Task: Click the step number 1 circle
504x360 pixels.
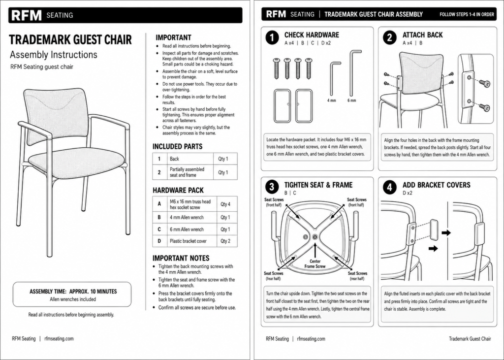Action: pos(272,38)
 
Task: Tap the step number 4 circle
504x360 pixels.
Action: pos(390,187)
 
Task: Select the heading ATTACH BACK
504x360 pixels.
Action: pos(422,35)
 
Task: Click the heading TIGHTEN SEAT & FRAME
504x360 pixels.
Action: pos(318,185)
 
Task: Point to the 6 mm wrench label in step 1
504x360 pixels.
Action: pos(351,100)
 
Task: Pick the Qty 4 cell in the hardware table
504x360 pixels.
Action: pos(225,204)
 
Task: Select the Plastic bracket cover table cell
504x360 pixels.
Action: pos(188,241)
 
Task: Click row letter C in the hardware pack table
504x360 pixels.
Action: pos(159,229)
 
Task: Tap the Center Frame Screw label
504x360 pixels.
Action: pos(315,264)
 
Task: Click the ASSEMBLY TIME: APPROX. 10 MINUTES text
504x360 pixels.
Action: pos(73,292)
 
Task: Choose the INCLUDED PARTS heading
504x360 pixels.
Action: pos(177,147)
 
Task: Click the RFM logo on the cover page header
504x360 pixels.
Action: pos(27,15)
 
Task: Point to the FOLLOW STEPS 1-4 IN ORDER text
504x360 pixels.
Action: pos(467,14)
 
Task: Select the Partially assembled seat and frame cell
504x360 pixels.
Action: pos(187,172)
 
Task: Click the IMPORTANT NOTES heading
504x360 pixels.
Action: pos(181,258)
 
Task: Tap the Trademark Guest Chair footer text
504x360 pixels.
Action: pos(470,338)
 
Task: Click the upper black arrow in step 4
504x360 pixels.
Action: pos(446,232)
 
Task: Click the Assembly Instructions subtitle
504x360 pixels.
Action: pos(53,55)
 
